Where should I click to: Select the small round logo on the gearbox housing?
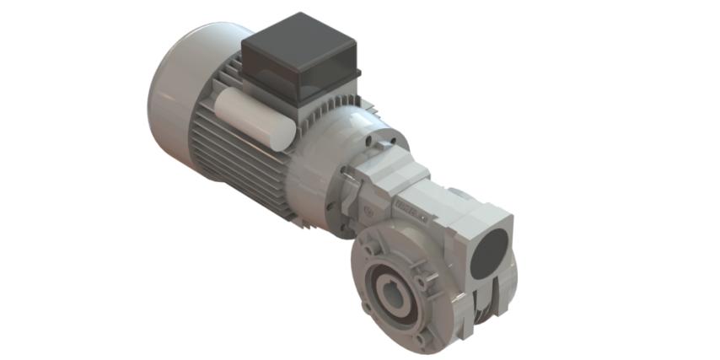click(368, 207)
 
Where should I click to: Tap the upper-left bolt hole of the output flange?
click(368, 250)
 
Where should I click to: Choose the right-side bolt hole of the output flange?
click(430, 279)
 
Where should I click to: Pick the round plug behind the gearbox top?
click(458, 194)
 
